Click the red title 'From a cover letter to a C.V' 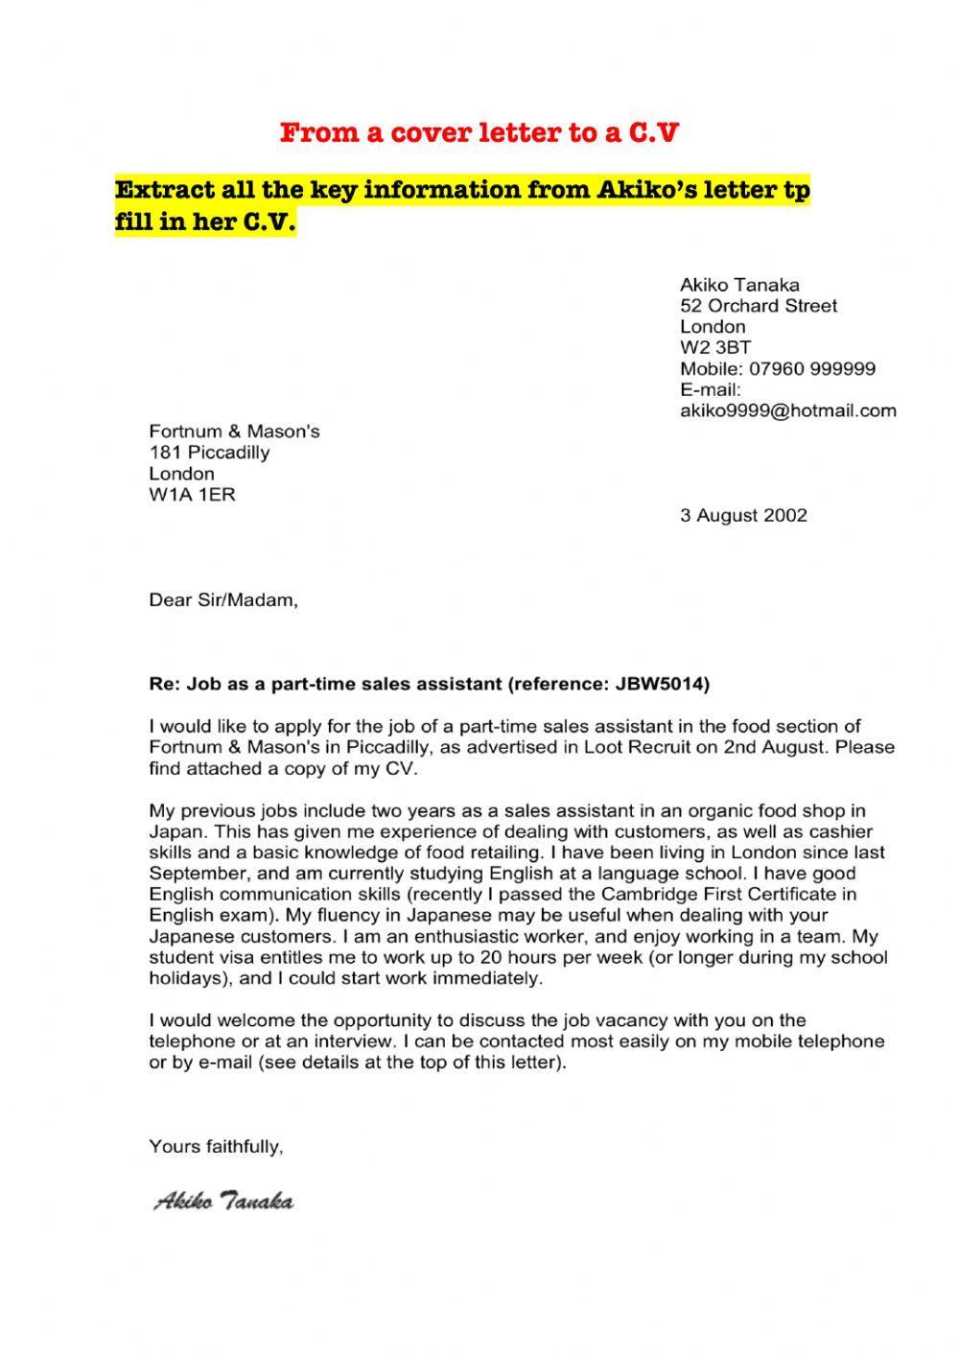pyautogui.click(x=479, y=132)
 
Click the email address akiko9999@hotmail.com pyautogui.click(x=788, y=411)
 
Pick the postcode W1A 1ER pyautogui.click(x=192, y=495)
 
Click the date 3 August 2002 pyautogui.click(x=744, y=515)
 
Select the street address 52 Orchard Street pyautogui.click(x=759, y=306)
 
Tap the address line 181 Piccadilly pyautogui.click(x=209, y=453)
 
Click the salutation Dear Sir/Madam pyautogui.click(x=223, y=601)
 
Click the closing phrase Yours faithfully pyautogui.click(x=216, y=1146)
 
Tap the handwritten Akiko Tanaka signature pyautogui.click(x=223, y=1202)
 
